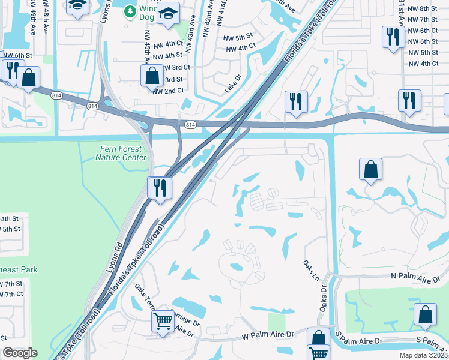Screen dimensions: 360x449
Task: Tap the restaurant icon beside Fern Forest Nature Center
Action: click(160, 188)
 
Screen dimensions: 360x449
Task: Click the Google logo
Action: click(19, 353)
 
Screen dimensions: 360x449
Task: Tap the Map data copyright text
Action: click(423, 355)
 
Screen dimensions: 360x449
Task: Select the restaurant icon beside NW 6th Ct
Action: click(393, 37)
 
